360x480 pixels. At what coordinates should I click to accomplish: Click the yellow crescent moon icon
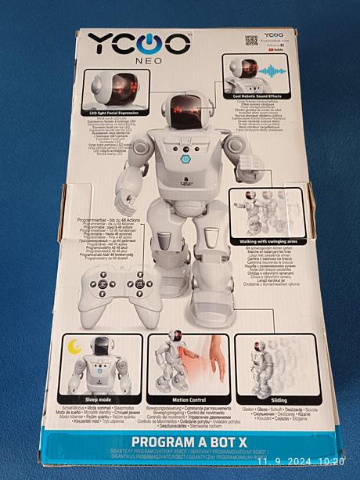point(75,346)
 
